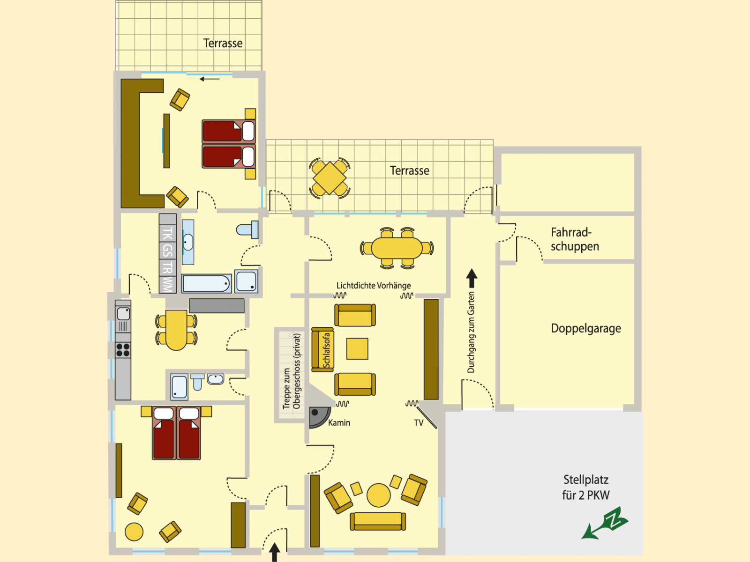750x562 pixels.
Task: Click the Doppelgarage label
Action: [x=585, y=328]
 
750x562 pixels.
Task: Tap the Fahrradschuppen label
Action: [x=574, y=239]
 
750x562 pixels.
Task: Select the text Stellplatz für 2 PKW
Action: [x=585, y=487]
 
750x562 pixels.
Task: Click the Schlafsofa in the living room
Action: [x=322, y=349]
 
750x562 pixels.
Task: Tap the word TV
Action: [x=419, y=423]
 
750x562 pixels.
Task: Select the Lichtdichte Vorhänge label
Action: [x=374, y=285]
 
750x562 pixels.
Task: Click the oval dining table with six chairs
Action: [x=397, y=248]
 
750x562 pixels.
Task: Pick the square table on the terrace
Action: [x=330, y=178]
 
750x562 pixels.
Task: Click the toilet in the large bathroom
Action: [x=247, y=229]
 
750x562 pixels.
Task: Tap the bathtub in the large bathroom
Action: [x=206, y=283]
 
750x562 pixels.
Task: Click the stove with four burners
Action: [x=123, y=350]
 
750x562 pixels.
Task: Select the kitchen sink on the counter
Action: [x=123, y=314]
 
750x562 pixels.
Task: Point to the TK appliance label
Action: [x=167, y=234]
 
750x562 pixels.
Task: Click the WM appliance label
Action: [x=167, y=284]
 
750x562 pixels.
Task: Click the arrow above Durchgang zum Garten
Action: [x=472, y=278]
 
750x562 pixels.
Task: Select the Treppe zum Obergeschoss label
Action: [x=292, y=371]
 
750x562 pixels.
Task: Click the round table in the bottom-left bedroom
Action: [x=134, y=532]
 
